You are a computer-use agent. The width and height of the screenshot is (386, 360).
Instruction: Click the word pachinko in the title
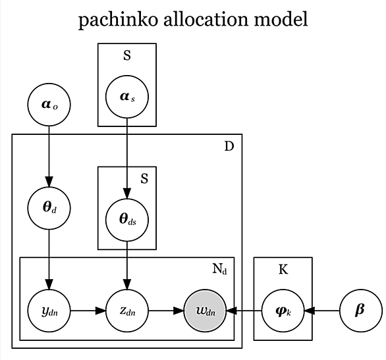(118, 20)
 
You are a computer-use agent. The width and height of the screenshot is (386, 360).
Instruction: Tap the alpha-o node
(49, 105)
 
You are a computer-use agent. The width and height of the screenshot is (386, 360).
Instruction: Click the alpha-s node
(127, 97)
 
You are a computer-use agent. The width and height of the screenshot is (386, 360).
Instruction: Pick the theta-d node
(49, 208)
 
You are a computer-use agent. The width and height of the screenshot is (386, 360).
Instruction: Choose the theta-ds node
(127, 220)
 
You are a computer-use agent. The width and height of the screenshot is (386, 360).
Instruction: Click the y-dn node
(49, 311)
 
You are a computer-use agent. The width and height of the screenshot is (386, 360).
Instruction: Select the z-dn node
(127, 311)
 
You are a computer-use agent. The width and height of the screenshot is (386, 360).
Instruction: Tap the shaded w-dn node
(205, 311)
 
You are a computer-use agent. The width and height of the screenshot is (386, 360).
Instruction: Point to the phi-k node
(283, 311)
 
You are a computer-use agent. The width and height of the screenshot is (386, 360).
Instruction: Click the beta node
(361, 311)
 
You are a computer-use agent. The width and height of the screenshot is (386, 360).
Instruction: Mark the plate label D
(229, 147)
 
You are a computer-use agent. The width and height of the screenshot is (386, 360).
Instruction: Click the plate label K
(283, 270)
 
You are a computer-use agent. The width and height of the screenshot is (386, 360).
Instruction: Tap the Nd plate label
(219, 269)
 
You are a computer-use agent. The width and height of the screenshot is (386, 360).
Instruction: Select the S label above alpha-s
(127, 55)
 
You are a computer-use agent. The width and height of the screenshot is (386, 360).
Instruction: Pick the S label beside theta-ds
(144, 179)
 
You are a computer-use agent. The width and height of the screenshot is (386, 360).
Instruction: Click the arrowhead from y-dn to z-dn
(100, 311)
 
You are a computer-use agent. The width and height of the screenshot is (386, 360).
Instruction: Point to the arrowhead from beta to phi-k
(310, 311)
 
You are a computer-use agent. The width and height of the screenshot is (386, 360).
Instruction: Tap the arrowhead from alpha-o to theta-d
(49, 182)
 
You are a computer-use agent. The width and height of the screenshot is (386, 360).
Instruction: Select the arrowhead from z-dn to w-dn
(179, 311)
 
